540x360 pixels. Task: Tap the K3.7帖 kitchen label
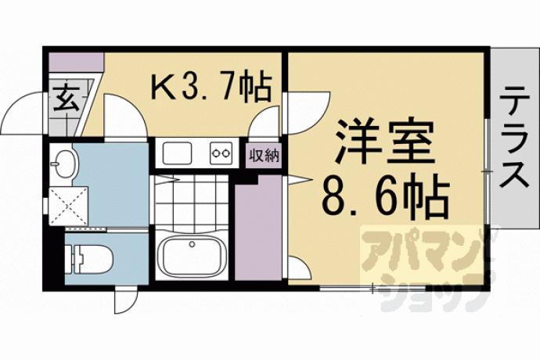tap(211, 85)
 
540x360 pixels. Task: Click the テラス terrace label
tap(513, 137)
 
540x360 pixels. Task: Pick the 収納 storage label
tap(264, 156)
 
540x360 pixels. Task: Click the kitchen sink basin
tap(177, 153)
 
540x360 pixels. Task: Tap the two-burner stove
tap(221, 153)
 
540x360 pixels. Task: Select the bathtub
tap(192, 254)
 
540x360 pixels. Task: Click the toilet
tap(89, 259)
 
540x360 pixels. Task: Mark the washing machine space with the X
tap(69, 207)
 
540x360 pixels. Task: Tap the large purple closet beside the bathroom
tap(258, 228)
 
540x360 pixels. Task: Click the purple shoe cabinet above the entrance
tap(76, 62)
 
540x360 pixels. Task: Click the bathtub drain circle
tap(192, 244)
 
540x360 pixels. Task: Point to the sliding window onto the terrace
tap(488, 171)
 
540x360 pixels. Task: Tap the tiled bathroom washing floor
tap(192, 202)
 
